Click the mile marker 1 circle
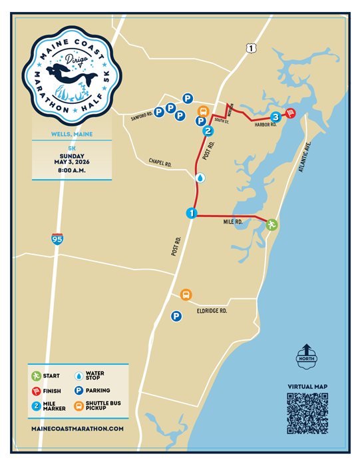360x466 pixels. click(191, 214)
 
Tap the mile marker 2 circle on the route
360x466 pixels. click(208, 131)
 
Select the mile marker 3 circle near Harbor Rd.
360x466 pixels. click(275, 116)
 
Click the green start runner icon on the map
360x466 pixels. click(271, 224)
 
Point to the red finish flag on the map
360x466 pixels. click(290, 113)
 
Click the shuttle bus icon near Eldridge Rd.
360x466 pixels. click(186, 294)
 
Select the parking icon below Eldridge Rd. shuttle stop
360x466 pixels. click(176, 317)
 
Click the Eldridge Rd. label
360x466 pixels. click(212, 310)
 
